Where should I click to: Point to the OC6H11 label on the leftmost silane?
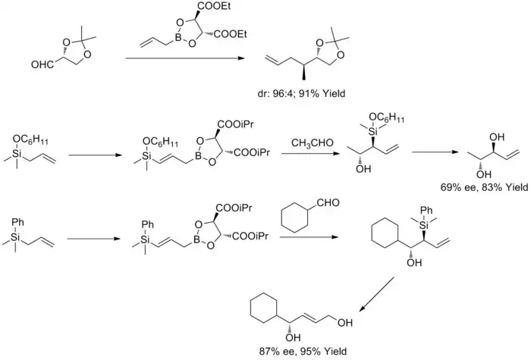pos(30,137)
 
